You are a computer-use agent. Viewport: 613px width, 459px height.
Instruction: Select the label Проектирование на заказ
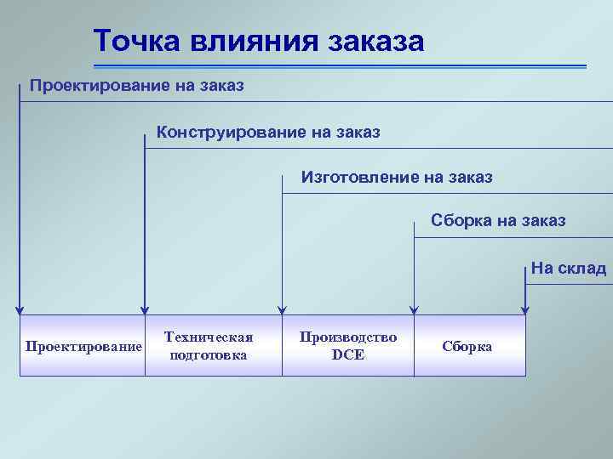click(x=137, y=86)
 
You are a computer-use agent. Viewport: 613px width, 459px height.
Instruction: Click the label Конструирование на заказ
click(x=268, y=133)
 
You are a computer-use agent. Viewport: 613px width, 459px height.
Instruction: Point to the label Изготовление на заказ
click(x=397, y=178)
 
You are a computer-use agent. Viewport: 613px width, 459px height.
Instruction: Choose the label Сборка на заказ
click(x=498, y=221)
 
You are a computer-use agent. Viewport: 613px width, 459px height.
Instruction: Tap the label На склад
click(x=568, y=269)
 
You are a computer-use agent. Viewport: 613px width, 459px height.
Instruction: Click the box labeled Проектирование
click(x=83, y=346)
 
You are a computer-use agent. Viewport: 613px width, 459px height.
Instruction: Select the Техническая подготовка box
click(x=209, y=346)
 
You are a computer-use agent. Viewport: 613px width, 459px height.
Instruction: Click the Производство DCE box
click(x=347, y=346)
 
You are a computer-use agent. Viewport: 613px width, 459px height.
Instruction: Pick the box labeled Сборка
click(x=467, y=346)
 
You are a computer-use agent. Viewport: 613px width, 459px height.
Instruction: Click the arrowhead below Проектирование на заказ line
click(x=20, y=309)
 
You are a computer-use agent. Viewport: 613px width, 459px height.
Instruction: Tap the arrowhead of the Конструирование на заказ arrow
click(x=146, y=309)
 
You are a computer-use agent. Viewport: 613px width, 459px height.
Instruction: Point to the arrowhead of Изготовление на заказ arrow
click(x=283, y=309)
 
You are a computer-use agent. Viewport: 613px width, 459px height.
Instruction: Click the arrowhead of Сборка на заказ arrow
click(x=414, y=309)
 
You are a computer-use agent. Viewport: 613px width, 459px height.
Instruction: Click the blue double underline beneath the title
click(x=341, y=65)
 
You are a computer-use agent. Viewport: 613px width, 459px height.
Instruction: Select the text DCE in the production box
click(x=347, y=355)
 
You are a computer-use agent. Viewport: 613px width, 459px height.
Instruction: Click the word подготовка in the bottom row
click(x=209, y=355)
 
